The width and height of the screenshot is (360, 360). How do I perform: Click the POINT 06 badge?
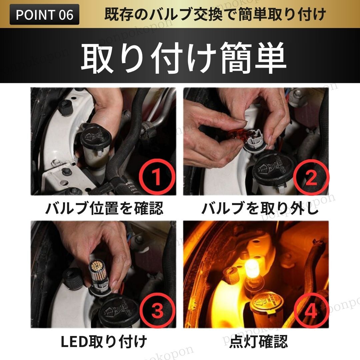44,14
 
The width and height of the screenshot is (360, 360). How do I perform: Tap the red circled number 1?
157,177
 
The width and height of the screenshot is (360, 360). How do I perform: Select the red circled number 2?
311,177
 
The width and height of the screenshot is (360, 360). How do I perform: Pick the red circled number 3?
157,311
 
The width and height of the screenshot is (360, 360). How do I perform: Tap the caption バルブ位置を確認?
104,208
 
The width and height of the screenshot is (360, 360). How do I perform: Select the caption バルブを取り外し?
260,208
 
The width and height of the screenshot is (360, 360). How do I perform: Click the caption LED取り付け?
104,341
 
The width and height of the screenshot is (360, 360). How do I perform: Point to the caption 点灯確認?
258,341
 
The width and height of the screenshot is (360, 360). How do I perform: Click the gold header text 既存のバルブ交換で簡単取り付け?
215,14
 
